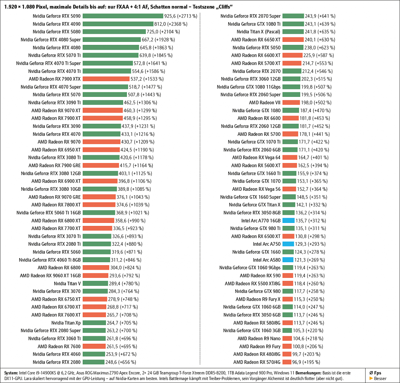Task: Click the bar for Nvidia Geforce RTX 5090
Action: (123, 16)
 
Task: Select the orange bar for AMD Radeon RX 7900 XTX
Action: (106, 79)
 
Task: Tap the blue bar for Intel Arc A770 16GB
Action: (288, 221)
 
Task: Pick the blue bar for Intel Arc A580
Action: (288, 260)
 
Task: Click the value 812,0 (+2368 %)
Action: (171, 24)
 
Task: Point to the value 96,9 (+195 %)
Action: (306, 362)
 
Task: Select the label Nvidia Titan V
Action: (67, 284)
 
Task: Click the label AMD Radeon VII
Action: (265, 102)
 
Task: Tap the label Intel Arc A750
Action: (266, 244)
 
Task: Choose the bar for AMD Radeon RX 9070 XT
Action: (103, 110)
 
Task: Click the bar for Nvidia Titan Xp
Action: (94, 323)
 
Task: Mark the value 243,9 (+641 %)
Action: (320, 16)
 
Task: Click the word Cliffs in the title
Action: (225, 7)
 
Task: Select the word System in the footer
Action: (11, 373)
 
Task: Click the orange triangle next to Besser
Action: (371, 379)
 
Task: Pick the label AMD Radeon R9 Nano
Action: (259, 338)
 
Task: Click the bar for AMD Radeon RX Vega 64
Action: (290, 157)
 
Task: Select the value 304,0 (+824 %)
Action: (125, 268)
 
